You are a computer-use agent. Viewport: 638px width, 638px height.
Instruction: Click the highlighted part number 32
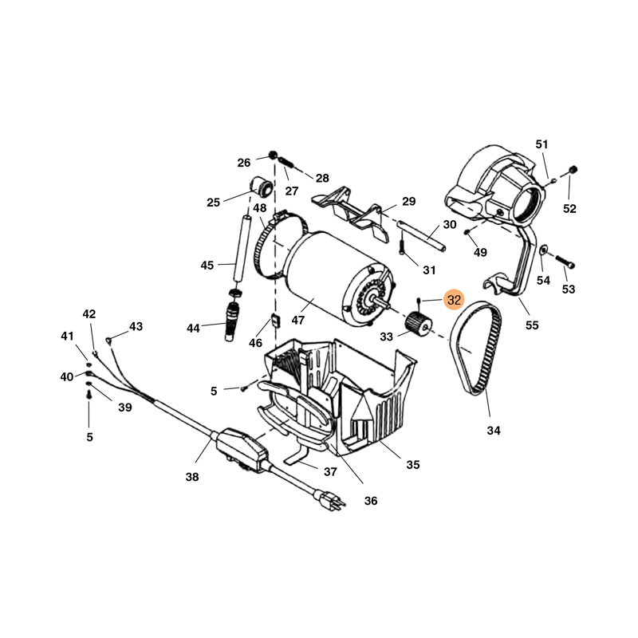(x=454, y=300)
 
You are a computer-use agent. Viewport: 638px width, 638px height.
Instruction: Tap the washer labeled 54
(x=542, y=251)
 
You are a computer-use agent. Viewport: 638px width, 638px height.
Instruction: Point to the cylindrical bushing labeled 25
(x=259, y=187)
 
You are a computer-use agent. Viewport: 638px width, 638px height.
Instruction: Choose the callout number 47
(x=298, y=320)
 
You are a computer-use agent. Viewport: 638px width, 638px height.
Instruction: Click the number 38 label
(x=191, y=477)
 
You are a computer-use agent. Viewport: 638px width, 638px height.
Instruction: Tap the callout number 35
(x=412, y=464)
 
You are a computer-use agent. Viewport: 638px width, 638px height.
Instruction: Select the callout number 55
(x=532, y=325)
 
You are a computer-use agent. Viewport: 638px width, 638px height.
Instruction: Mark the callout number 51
(x=542, y=144)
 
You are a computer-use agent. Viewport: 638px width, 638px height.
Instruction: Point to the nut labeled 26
(x=273, y=155)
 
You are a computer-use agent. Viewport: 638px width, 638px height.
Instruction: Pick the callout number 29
(x=408, y=201)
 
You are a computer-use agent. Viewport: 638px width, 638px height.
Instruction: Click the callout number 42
(x=89, y=314)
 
